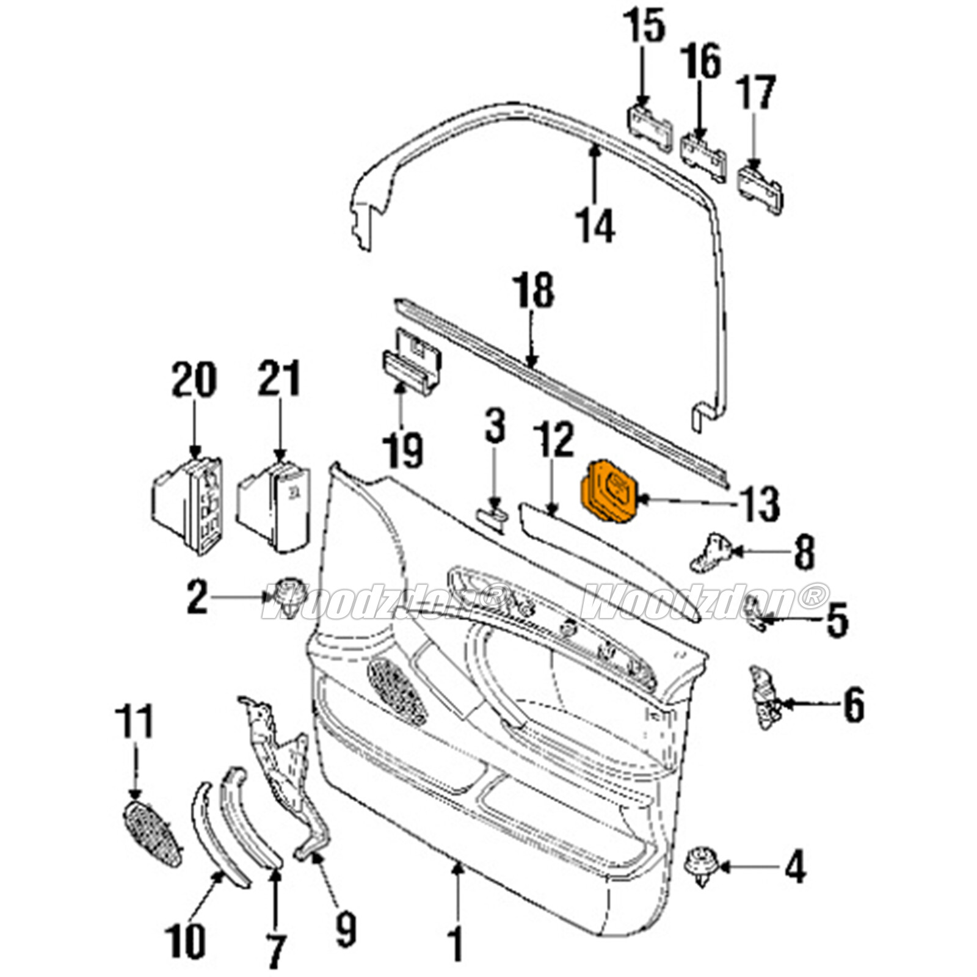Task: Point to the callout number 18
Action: tap(534, 292)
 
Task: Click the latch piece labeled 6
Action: tap(765, 699)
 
